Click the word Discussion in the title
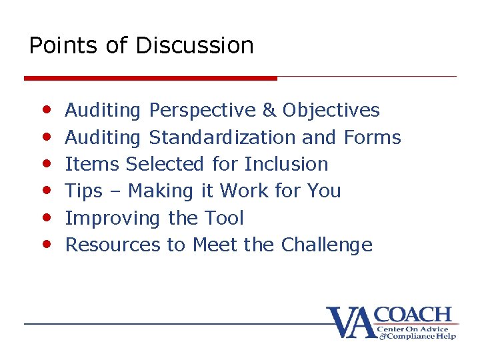click(x=195, y=45)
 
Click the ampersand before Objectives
click(x=269, y=110)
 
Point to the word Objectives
click(x=331, y=110)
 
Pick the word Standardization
click(x=223, y=137)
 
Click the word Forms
click(x=372, y=137)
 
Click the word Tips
click(x=84, y=191)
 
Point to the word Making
click(x=159, y=191)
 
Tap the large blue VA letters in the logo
click(x=350, y=323)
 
